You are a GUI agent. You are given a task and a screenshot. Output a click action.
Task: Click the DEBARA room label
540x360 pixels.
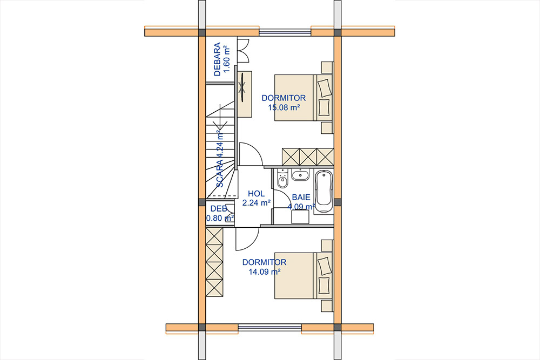pos(217,59)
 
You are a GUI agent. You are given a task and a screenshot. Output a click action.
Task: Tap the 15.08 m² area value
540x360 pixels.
pos(284,107)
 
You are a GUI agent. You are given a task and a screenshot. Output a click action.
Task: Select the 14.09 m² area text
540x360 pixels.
pos(265,272)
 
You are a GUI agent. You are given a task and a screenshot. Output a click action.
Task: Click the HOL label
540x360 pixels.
pos(256,194)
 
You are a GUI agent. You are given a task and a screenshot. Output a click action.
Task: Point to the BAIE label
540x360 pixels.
pos(301,198)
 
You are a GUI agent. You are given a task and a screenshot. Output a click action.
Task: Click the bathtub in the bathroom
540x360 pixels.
pos(323,192)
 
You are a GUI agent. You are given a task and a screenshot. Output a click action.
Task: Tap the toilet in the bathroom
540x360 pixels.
pos(282,179)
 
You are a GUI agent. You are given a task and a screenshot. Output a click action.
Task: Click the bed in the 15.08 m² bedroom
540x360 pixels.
pos(303,98)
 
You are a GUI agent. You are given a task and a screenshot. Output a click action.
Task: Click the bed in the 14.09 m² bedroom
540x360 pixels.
pos(303,276)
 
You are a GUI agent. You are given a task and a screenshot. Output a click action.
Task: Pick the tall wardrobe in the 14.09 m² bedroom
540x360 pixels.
pos(214,262)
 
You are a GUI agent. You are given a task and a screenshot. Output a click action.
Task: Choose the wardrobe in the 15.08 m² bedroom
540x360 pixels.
pos(308,157)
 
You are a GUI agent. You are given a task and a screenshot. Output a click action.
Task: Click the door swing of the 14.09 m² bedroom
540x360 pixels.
pos(247,239)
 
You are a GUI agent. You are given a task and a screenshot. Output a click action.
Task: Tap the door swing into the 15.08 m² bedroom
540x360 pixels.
pos(251,154)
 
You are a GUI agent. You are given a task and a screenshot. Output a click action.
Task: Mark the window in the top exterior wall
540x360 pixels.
pos(285,33)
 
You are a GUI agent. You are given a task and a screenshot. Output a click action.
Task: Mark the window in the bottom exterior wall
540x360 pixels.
pos(270,327)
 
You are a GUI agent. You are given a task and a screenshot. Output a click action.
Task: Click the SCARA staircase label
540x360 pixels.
pos(220,159)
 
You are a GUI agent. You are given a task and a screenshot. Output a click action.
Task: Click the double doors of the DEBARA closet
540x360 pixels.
pos(243,51)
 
